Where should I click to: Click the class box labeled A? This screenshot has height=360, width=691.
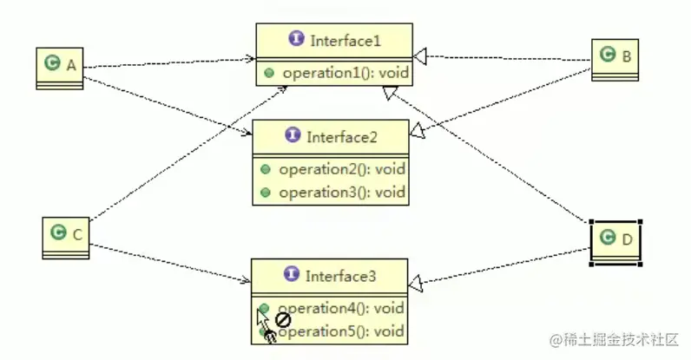pyautogui.click(x=59, y=67)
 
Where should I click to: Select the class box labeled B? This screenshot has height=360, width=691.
pyautogui.click(x=615, y=59)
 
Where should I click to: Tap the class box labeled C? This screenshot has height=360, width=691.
pyautogui.click(x=66, y=237)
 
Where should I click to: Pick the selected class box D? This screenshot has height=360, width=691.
pyautogui.click(x=615, y=240)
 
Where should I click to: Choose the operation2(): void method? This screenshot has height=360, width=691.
pyautogui.click(x=341, y=169)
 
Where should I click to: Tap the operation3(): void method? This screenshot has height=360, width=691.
pyautogui.click(x=341, y=192)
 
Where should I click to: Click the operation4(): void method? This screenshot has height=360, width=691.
pyautogui.click(x=341, y=308)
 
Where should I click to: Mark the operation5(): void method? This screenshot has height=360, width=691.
pyautogui.click(x=341, y=331)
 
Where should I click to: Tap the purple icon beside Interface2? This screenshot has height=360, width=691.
pyautogui.click(x=291, y=136)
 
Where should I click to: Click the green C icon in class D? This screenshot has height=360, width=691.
pyautogui.click(x=607, y=238)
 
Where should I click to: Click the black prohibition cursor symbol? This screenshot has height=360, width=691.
pyautogui.click(x=282, y=319)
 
